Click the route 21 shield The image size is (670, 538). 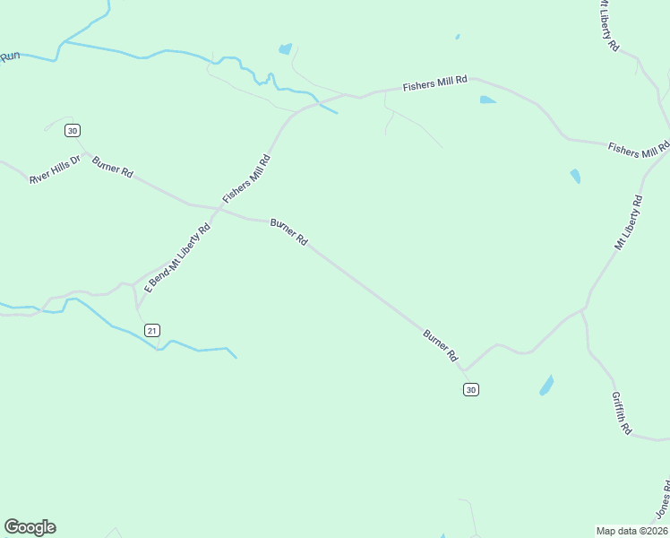(x=152, y=330)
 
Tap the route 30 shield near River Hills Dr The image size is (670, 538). (x=73, y=130)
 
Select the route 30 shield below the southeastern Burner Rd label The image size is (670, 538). (x=471, y=388)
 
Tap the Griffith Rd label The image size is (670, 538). (x=622, y=412)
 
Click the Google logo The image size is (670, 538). (x=30, y=527)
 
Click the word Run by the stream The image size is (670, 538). (x=10, y=56)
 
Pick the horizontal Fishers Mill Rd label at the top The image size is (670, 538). (x=435, y=83)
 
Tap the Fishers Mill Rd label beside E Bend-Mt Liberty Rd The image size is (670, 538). (x=246, y=178)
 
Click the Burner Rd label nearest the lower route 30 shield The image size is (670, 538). (x=441, y=344)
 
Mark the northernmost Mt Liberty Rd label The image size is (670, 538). (x=608, y=24)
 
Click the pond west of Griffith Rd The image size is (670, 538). (x=545, y=386)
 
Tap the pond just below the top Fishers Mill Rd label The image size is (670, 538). (x=487, y=100)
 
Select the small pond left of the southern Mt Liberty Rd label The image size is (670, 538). (x=575, y=176)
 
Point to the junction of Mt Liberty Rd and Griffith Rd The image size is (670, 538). (x=584, y=309)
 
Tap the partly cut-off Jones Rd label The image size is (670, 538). (x=663, y=499)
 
